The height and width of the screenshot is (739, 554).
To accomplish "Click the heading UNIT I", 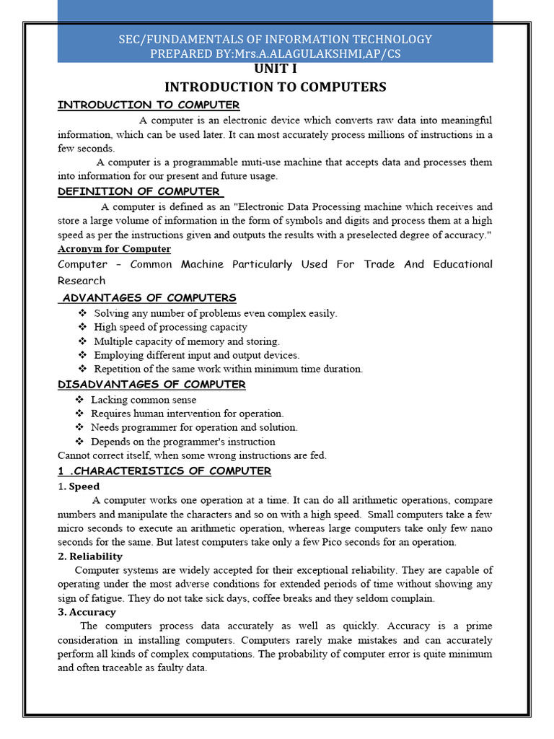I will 275,70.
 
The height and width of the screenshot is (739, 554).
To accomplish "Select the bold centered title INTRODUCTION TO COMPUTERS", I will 276,87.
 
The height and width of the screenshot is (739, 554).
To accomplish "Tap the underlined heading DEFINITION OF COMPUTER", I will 139,191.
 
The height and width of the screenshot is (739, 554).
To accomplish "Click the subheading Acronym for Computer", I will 114,249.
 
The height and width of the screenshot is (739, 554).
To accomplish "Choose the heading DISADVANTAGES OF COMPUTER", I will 151,384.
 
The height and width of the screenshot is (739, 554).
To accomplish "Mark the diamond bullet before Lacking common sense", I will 79,400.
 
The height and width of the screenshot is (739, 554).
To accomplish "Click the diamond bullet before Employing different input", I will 82,355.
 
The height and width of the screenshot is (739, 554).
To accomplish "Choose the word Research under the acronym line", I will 82,280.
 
